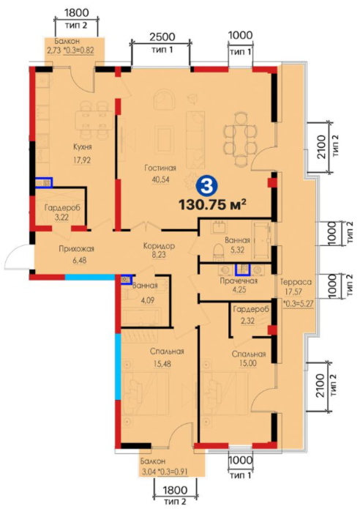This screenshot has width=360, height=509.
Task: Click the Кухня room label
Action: coord(83,146)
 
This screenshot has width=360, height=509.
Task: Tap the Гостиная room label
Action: coord(160,168)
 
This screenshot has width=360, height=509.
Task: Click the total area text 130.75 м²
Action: coord(212,205)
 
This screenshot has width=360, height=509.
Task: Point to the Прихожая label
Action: coord(77,249)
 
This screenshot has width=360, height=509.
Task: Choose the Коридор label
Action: coord(159,246)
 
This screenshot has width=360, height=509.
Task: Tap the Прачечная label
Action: coord(239,280)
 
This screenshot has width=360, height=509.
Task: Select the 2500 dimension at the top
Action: coord(162,37)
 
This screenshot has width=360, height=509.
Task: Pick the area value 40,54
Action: coord(160,179)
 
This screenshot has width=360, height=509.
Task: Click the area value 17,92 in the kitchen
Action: coord(82,160)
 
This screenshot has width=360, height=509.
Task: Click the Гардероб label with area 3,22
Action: coord(62,207)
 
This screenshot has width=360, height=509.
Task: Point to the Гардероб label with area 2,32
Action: coord(251,309)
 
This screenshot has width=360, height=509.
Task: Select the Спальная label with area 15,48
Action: coord(167,352)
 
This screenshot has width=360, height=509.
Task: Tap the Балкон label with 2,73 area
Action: coord(67,42)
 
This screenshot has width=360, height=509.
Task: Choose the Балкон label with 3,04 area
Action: coord(153,461)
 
